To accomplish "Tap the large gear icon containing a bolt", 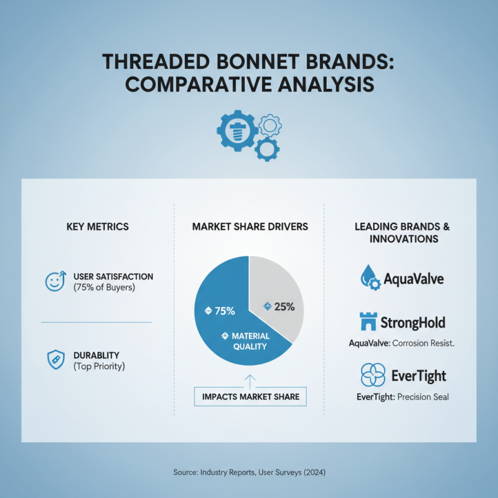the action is [x=237, y=131].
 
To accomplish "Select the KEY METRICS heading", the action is [x=98, y=227].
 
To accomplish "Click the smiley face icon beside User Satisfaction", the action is [x=55, y=281].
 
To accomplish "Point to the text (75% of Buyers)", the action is [x=104, y=288].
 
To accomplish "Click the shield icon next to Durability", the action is [x=56, y=360].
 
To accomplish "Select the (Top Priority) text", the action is [x=99, y=366].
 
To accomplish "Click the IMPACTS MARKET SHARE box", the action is [x=250, y=397].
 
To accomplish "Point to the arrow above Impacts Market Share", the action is [x=250, y=382].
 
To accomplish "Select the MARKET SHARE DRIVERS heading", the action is [x=250, y=227].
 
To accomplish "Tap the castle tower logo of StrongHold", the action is [x=368, y=321].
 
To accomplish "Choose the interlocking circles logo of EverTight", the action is [x=373, y=375].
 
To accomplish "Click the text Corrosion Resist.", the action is [x=423, y=343].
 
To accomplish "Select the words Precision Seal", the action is [x=423, y=397].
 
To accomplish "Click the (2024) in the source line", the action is [x=314, y=472].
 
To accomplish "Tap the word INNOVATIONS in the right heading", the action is [x=403, y=238].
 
